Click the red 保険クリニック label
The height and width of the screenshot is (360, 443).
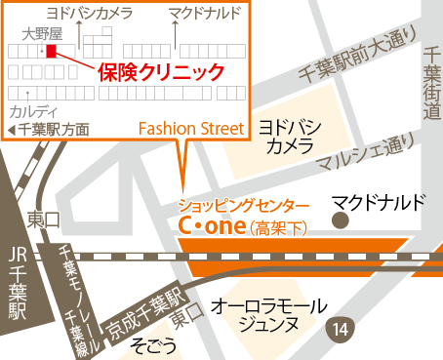(161, 71)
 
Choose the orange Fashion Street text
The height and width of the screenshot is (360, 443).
(190, 128)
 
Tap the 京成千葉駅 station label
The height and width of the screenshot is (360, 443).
(145, 306)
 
